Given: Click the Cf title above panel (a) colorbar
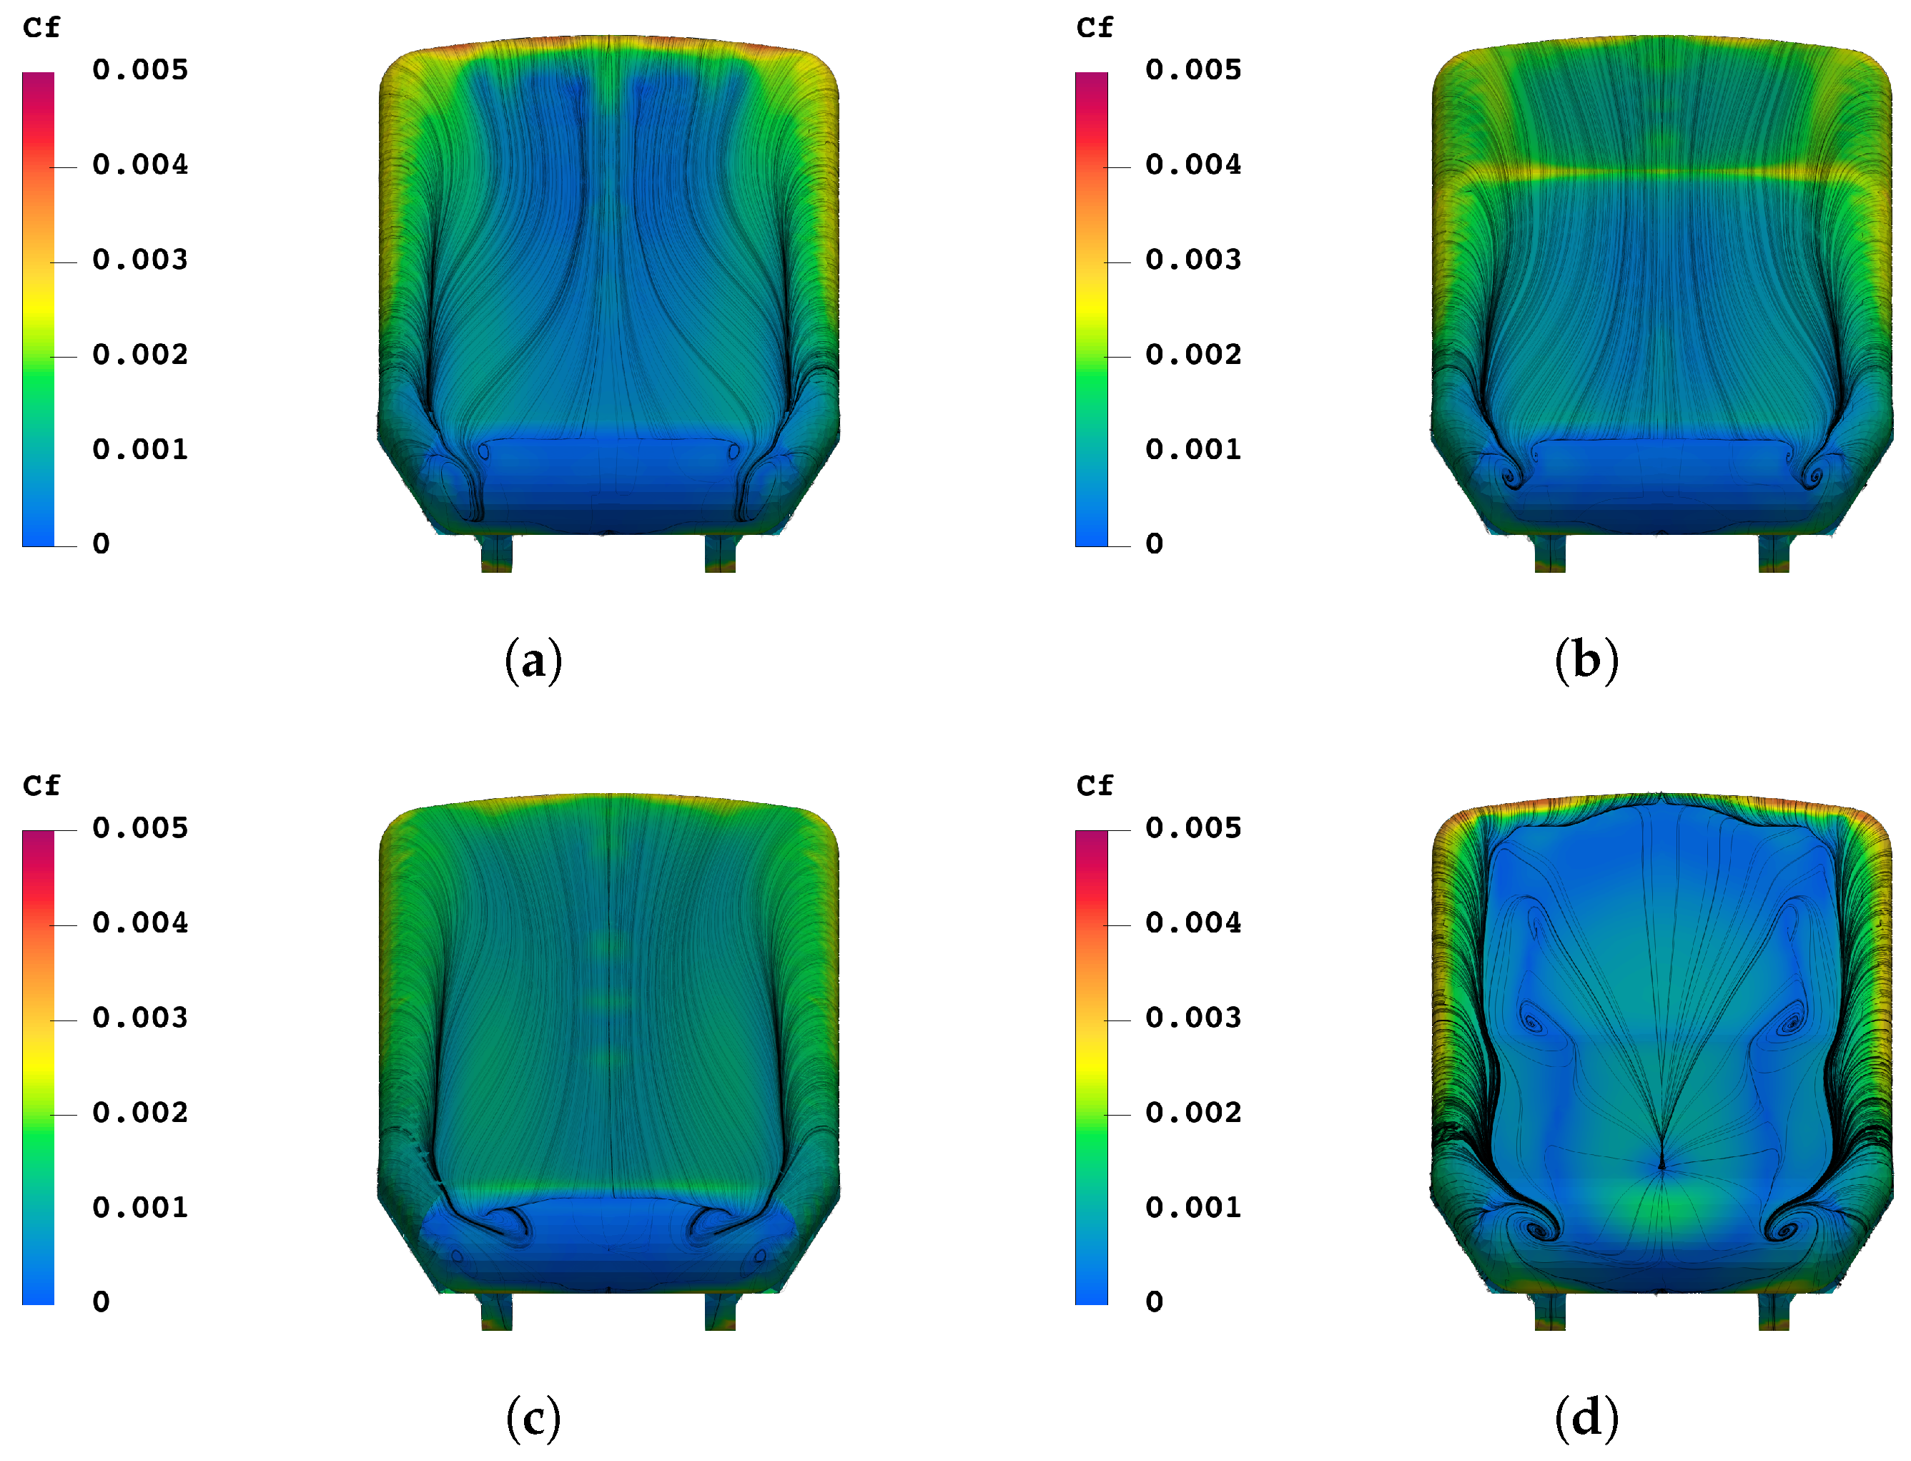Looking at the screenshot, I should pyautogui.click(x=41, y=28).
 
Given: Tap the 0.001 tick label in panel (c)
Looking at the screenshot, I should pyautogui.click(x=140, y=1208).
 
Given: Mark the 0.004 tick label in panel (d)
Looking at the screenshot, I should pyautogui.click(x=1192, y=923).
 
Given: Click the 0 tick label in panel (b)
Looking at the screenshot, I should pyautogui.click(x=1154, y=544).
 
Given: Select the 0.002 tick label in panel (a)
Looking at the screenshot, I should pyautogui.click(x=140, y=355).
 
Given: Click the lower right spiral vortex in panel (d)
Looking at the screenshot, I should pyautogui.click(x=1784, y=1231).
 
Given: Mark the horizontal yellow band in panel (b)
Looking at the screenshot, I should pyautogui.click(x=1661, y=173).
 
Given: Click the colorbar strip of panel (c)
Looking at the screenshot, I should pyautogui.click(x=39, y=1067).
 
